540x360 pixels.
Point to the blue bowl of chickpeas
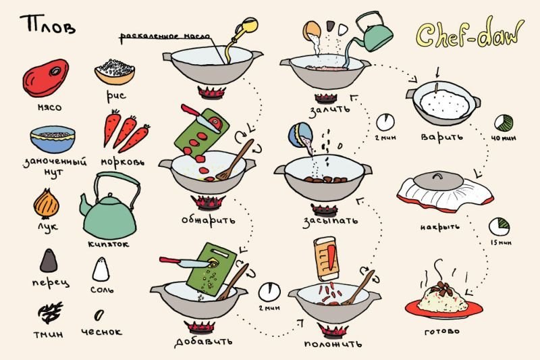52,138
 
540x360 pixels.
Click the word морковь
124,163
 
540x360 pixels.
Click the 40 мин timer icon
503,123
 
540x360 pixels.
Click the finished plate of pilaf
444,301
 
